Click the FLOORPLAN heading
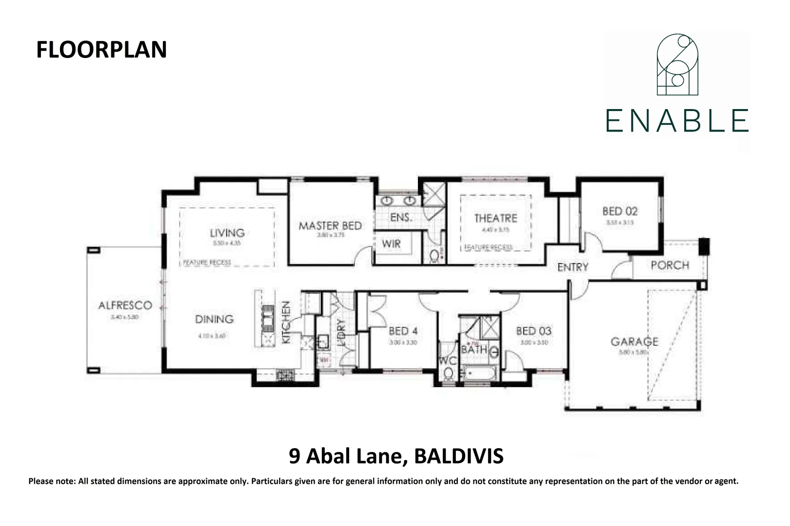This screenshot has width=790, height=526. [x=101, y=50]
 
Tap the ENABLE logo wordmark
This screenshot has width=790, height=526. [x=677, y=121]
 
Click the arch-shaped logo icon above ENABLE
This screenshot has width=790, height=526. [x=677, y=65]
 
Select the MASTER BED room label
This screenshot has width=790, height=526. [x=330, y=226]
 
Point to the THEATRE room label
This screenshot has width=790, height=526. [x=495, y=218]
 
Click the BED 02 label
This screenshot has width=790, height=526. [x=619, y=211]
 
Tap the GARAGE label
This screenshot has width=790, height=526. [x=634, y=341]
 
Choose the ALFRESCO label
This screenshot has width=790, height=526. [x=125, y=306]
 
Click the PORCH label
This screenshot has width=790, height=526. [x=670, y=265]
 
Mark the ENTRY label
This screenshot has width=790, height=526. [x=573, y=267]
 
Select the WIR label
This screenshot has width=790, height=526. [x=391, y=244]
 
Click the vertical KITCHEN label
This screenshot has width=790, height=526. [x=286, y=322]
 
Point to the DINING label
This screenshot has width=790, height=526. [x=214, y=319]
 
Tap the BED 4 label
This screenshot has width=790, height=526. [x=403, y=331]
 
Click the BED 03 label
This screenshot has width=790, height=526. [x=533, y=331]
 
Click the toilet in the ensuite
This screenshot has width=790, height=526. [x=434, y=255]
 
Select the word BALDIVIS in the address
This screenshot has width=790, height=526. [x=458, y=457]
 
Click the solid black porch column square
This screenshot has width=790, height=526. [x=703, y=245]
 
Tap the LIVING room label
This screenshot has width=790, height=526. [x=227, y=233]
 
